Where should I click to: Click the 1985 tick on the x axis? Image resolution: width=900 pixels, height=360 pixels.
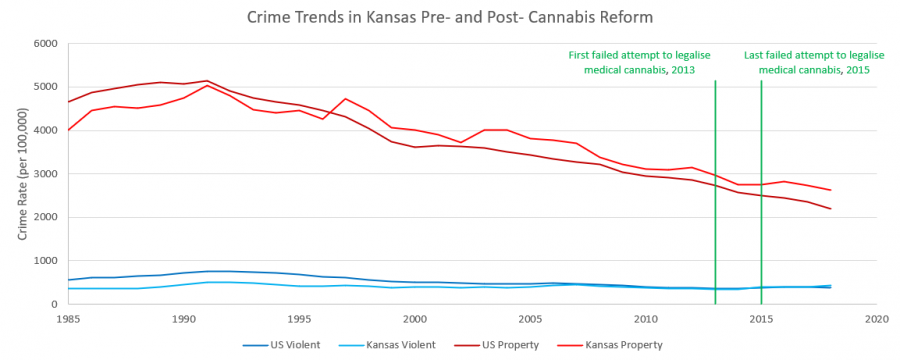pos(67,319)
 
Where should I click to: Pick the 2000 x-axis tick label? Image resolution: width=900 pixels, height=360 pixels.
pos(414,319)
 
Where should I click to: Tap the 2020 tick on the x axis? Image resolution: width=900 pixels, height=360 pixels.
pos(876,319)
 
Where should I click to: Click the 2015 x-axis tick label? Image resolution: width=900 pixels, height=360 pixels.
pos(761,319)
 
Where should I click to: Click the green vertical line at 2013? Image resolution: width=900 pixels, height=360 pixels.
pos(715,200)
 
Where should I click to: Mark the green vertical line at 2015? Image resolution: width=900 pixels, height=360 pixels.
pos(761,200)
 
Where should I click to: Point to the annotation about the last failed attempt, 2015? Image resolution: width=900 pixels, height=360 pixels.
pos(807,63)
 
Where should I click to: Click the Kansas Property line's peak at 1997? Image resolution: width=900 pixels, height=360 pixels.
pos(345,99)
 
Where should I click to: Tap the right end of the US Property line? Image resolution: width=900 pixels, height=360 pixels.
pos(830,209)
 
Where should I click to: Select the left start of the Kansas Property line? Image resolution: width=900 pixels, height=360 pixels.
pos(67,130)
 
